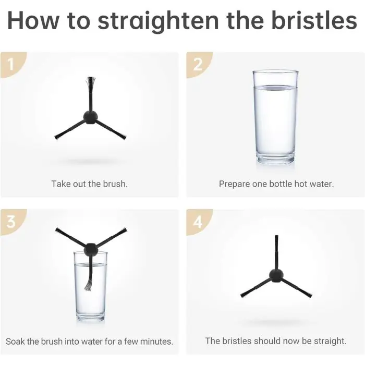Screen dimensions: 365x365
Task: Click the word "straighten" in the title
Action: pyautogui.click(x=158, y=21)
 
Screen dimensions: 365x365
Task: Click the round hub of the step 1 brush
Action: pyautogui.click(x=91, y=117)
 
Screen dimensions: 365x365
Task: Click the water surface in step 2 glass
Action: pyautogui.click(x=275, y=88)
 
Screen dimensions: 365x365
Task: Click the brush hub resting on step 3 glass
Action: pyautogui.click(x=91, y=249)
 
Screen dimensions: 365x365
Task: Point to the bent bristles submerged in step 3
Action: pyautogui.click(x=89, y=285)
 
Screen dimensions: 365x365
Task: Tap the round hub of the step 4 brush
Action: pyautogui.click(x=276, y=276)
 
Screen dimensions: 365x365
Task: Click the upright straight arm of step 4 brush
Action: pyautogui.click(x=276, y=252)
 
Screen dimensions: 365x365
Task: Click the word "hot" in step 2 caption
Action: pyautogui.click(x=301, y=184)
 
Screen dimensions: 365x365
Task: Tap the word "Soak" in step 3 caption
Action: pyautogui.click(x=15, y=342)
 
